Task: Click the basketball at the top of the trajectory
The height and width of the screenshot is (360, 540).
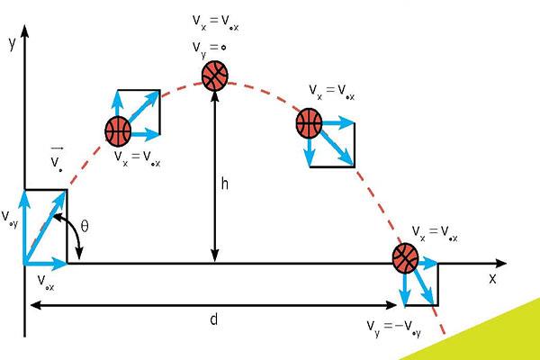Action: [x=215, y=76]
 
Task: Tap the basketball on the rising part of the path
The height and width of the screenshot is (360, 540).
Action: [x=118, y=131]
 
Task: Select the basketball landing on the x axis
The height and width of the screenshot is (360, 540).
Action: [x=406, y=258]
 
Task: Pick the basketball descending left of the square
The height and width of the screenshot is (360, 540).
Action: [x=309, y=123]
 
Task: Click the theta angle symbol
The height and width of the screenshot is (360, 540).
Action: [x=85, y=226]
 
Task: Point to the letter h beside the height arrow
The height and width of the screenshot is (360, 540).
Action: [x=224, y=184]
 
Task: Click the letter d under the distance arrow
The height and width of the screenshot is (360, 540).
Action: [x=214, y=319]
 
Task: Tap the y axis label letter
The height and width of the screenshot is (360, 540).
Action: [x=13, y=43]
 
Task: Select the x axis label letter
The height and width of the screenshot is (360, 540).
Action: [x=493, y=278]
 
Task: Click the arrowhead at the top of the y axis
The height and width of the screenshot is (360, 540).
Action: [x=24, y=31]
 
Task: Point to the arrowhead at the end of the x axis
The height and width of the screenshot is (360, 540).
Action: [x=500, y=264]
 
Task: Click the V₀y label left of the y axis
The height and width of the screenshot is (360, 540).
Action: [x=10, y=218]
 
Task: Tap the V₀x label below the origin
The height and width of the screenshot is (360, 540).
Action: [x=46, y=283]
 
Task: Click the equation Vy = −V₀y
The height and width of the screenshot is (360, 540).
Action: [x=393, y=328]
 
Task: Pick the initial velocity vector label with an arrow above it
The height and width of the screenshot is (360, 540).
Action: [x=57, y=159]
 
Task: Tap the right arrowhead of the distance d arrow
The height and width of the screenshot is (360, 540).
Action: [x=391, y=305]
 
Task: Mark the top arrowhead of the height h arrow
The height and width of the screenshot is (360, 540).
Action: [x=215, y=97]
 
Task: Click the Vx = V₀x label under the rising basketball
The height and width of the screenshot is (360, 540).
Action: [x=138, y=158]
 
